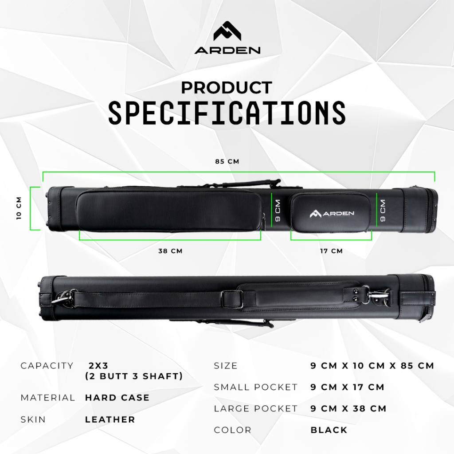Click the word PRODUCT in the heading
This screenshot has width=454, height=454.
[227, 88]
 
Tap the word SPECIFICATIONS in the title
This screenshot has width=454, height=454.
[227, 113]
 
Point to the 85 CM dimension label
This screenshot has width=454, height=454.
[227, 161]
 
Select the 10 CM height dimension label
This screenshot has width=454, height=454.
[19, 208]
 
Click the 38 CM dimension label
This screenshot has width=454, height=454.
[171, 251]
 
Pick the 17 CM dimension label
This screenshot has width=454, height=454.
[332, 251]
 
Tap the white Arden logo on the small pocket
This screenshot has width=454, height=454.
[332, 214]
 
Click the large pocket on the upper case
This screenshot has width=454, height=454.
[169, 210]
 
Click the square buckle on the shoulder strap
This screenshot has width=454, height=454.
[228, 297]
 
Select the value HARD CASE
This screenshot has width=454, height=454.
[117, 398]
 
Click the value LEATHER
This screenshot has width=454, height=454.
[110, 419]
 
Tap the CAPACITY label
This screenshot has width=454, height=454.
[47, 366]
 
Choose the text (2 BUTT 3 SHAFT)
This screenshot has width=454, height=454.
[134, 376]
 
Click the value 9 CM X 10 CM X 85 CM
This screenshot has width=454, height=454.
[372, 366]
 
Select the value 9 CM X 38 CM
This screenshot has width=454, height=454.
[348, 408]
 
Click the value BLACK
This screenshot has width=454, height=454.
[329, 430]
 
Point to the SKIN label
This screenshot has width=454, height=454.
[33, 419]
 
